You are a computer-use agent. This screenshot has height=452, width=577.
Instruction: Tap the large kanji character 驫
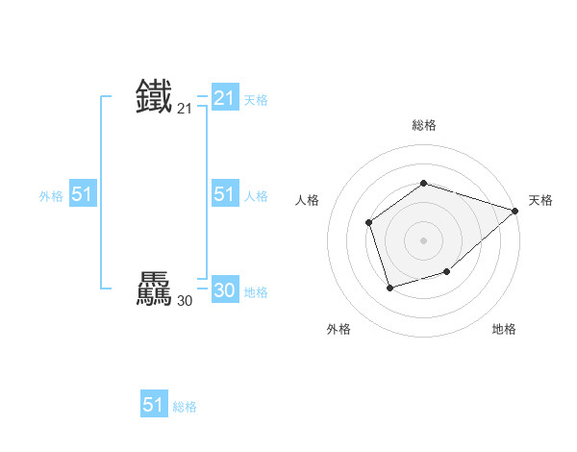pos(155,289)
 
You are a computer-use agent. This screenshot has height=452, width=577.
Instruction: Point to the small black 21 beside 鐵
pos(185,110)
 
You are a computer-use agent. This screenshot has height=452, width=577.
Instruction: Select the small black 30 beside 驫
pos(185,302)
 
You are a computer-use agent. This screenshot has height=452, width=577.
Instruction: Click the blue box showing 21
pos(224,97)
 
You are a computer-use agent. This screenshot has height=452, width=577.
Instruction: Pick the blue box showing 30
pos(224,290)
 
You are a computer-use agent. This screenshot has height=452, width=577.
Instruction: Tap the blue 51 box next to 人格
pos(224,194)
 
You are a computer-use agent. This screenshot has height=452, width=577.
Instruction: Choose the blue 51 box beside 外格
pos(82,194)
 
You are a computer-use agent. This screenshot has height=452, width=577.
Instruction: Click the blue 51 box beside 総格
pos(153,405)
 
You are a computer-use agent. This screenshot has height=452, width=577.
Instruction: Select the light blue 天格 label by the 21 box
pos(256,100)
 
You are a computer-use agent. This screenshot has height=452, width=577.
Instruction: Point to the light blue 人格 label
pos(256,196)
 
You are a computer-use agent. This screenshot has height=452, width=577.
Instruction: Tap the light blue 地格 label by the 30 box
pos(256,292)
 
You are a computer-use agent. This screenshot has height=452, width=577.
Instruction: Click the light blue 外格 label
pos(51,196)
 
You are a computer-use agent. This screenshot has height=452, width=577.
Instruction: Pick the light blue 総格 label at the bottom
pos(185,407)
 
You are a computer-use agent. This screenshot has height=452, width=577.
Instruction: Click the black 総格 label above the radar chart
pos(424,126)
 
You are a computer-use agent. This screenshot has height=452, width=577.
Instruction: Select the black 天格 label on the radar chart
pos(540,200)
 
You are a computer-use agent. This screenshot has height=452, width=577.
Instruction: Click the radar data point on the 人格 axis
pos(369,223)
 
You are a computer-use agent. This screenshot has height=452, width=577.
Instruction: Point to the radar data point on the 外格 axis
pos(389,288)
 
